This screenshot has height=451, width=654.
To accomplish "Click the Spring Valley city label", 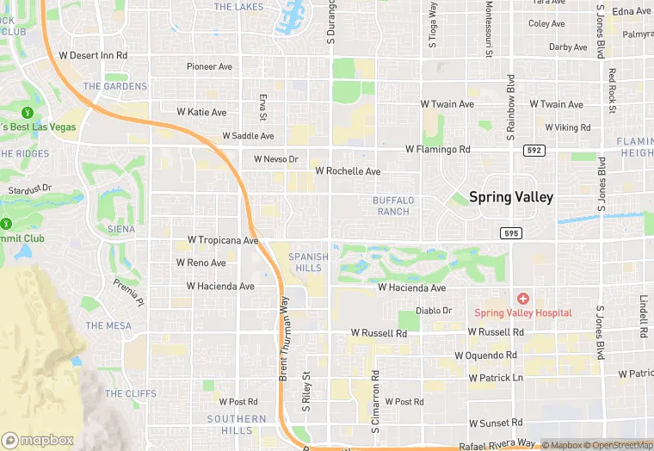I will pos(511,197).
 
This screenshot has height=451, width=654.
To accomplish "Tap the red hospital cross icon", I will pos(522,297).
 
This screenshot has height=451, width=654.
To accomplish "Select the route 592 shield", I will pos(534,151).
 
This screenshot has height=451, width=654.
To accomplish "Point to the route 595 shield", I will pos(510,233).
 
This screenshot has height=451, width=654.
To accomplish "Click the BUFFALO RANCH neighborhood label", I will pos(393,206).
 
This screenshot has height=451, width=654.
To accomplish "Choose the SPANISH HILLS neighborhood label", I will pos(308,262).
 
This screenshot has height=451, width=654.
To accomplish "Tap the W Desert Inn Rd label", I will pos(93,55).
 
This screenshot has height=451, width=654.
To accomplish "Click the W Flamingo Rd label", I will pos(445,149).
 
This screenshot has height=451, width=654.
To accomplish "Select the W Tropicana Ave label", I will pos(224,240).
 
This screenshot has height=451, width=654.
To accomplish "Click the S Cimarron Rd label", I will pos(376,398).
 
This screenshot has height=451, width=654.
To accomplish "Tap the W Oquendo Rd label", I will pos(486,355).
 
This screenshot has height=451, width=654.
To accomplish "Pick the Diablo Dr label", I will pos(434,311).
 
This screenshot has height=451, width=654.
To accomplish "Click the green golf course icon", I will pos(27,112).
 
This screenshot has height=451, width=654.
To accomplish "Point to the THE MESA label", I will pos(108,325).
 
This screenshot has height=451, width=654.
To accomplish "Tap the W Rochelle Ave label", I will pos(348,171).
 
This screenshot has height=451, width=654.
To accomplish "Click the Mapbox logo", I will pos(38,440).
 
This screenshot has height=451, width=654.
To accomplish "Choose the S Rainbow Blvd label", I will pos(510,108).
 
